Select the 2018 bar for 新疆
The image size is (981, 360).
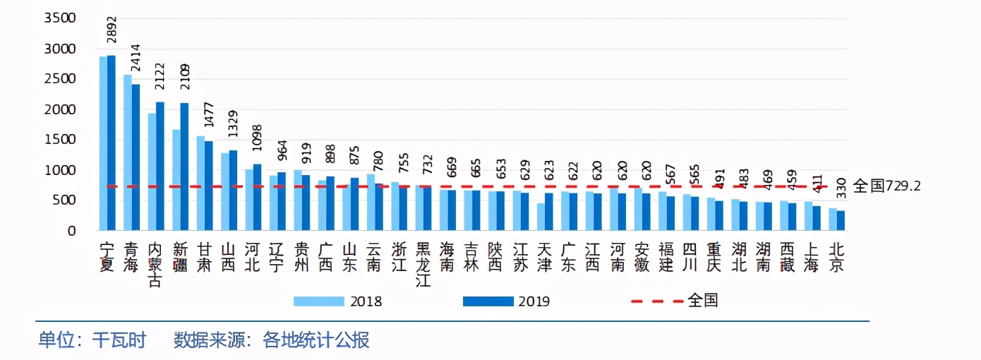(176, 180)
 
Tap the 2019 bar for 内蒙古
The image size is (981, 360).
(160, 167)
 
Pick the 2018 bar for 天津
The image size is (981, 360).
(541, 217)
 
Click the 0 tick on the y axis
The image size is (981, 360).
(71, 231)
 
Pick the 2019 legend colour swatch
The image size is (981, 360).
(488, 301)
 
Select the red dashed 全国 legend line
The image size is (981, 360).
(657, 301)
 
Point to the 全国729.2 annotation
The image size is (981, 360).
(886, 186)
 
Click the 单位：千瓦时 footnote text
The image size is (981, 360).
(92, 341)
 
